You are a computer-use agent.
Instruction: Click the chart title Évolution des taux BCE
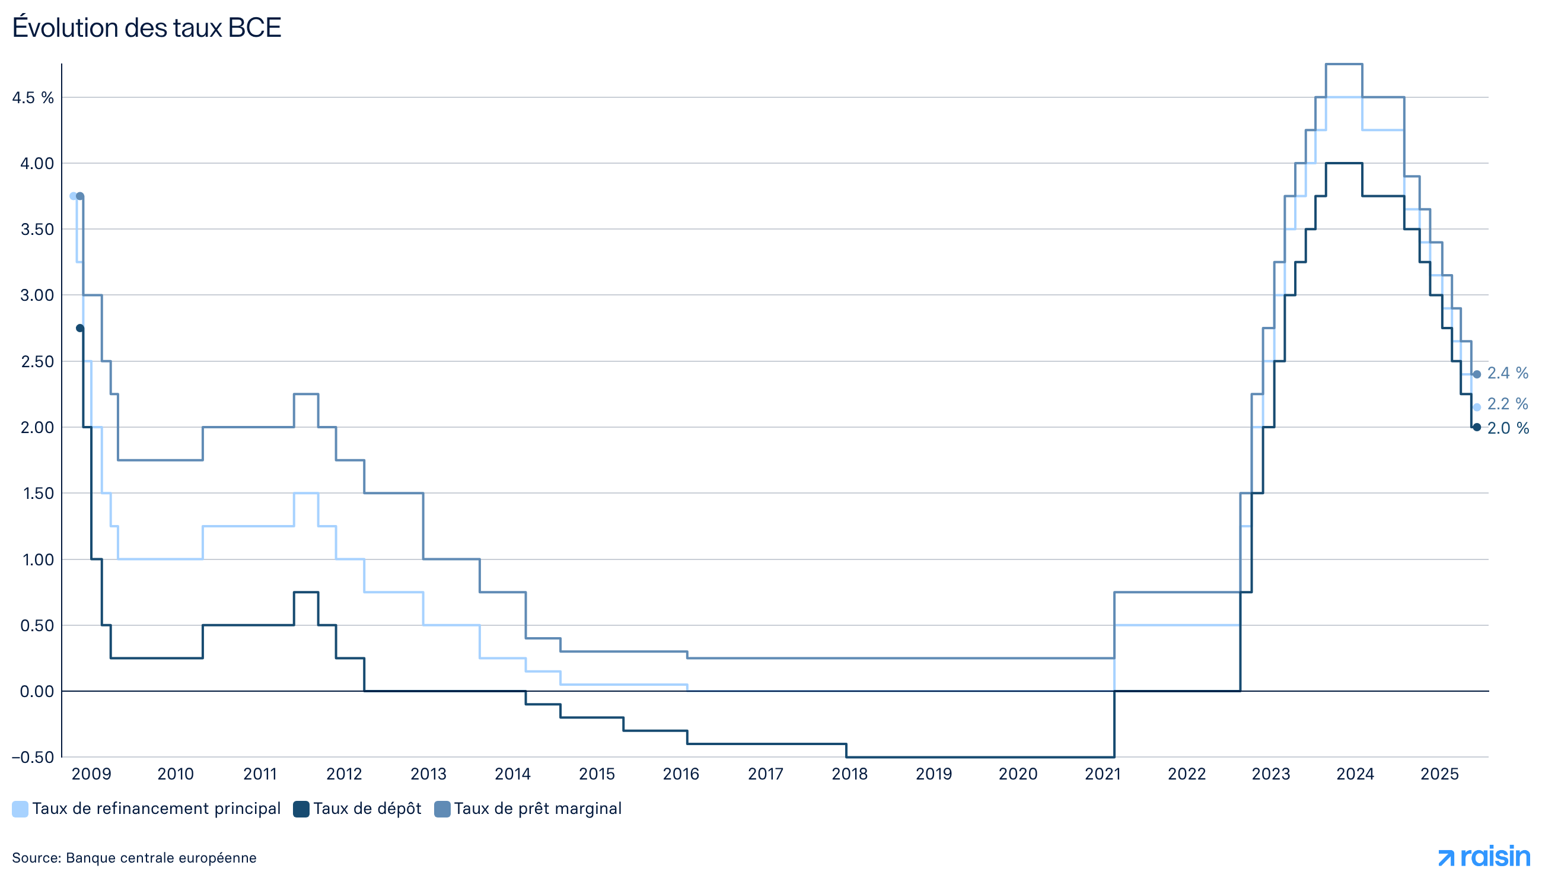click(x=146, y=28)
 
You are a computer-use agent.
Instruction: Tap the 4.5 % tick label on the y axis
click(x=33, y=98)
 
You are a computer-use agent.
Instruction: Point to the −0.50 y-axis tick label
click(x=33, y=758)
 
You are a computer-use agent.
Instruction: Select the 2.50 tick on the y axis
click(x=37, y=362)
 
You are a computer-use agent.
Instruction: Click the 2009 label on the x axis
click(x=91, y=774)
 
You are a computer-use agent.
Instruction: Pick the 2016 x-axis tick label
click(x=681, y=774)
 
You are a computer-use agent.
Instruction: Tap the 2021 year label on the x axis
click(x=1102, y=774)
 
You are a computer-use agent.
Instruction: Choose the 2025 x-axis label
click(x=1439, y=774)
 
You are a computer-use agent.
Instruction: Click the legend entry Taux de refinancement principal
click(x=146, y=809)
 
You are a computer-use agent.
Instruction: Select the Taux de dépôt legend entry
click(x=358, y=809)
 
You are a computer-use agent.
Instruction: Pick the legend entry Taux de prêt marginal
click(x=528, y=809)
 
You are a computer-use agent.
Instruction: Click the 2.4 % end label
click(x=1507, y=374)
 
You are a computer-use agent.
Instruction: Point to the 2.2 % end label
click(x=1507, y=404)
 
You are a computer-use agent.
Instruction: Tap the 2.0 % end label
click(x=1508, y=429)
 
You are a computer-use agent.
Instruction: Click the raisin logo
click(x=1483, y=856)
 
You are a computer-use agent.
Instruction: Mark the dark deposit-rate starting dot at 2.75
click(x=79, y=329)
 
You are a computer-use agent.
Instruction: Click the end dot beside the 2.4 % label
click(x=1476, y=374)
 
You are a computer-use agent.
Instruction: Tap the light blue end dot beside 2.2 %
click(x=1476, y=407)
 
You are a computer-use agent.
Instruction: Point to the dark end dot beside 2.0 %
click(x=1476, y=428)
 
